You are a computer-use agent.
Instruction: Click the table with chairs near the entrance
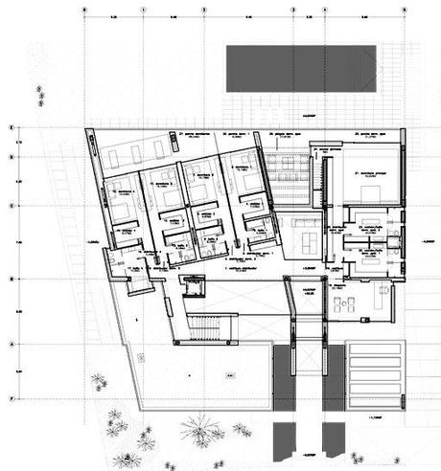tap(342, 304)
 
